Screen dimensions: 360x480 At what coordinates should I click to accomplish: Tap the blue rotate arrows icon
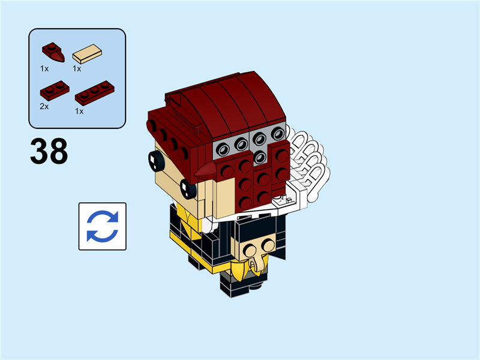click(103, 226)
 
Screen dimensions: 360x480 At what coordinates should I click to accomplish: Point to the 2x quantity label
click(44, 106)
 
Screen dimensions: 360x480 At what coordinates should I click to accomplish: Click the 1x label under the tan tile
click(77, 68)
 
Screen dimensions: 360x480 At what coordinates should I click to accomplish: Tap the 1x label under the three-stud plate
click(79, 111)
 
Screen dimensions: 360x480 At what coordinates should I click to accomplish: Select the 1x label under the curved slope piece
click(44, 68)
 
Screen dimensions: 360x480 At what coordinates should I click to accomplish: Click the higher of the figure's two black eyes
click(156, 160)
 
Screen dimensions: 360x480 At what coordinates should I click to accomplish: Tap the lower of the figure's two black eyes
click(188, 188)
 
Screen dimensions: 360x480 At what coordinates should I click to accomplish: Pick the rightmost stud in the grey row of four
click(277, 135)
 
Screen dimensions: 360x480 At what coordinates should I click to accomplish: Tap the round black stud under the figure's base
click(259, 289)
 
